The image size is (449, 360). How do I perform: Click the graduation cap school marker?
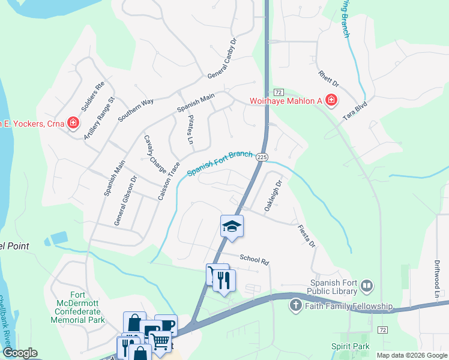(x=232, y=226)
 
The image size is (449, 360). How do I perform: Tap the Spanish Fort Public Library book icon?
(x=367, y=285)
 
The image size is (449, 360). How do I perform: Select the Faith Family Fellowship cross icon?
(x=295, y=306)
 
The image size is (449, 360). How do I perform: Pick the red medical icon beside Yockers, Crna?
(x=73, y=124)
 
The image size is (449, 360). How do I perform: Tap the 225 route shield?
(x=261, y=157)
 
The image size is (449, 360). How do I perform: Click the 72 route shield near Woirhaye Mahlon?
(x=277, y=92)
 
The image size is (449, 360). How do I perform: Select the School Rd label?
(x=254, y=259)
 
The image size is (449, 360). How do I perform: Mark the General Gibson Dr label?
(x=125, y=200)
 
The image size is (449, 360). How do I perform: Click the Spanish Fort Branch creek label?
(x=220, y=163)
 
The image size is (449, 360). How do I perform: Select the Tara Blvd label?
(x=355, y=112)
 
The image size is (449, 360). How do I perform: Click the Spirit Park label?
(x=351, y=347)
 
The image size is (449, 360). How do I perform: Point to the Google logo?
(x=20, y=353)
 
